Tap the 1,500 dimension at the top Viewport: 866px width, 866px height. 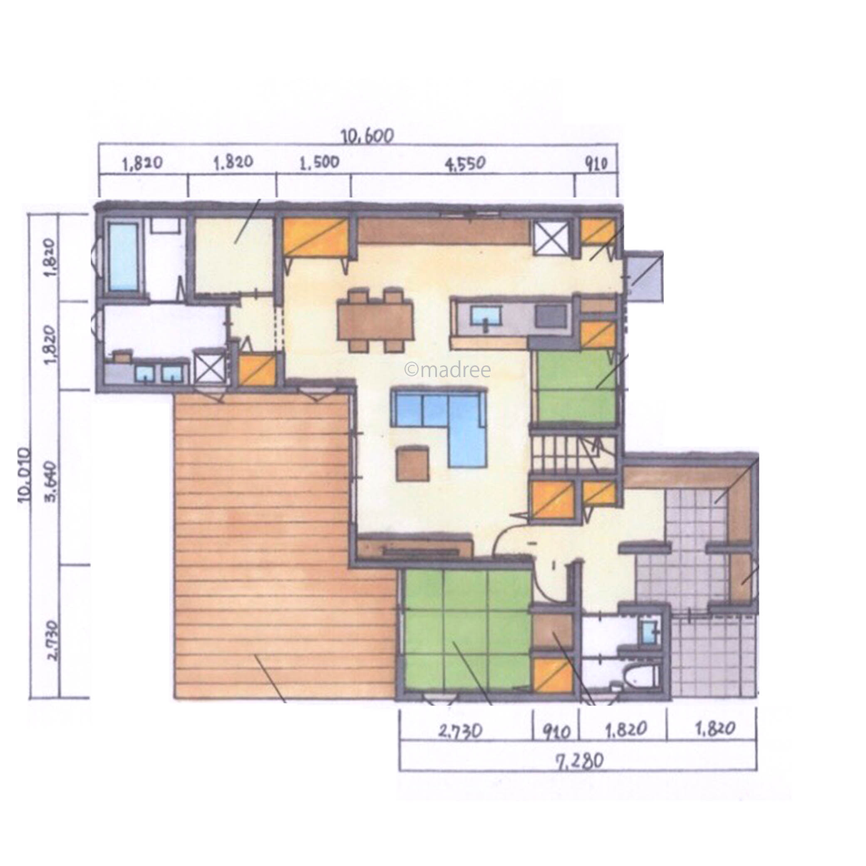(319, 163)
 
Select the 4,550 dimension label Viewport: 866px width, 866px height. (465, 163)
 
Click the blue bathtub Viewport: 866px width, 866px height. (124, 258)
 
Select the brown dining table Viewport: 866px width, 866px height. (375, 321)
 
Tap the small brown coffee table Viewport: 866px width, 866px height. (412, 463)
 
